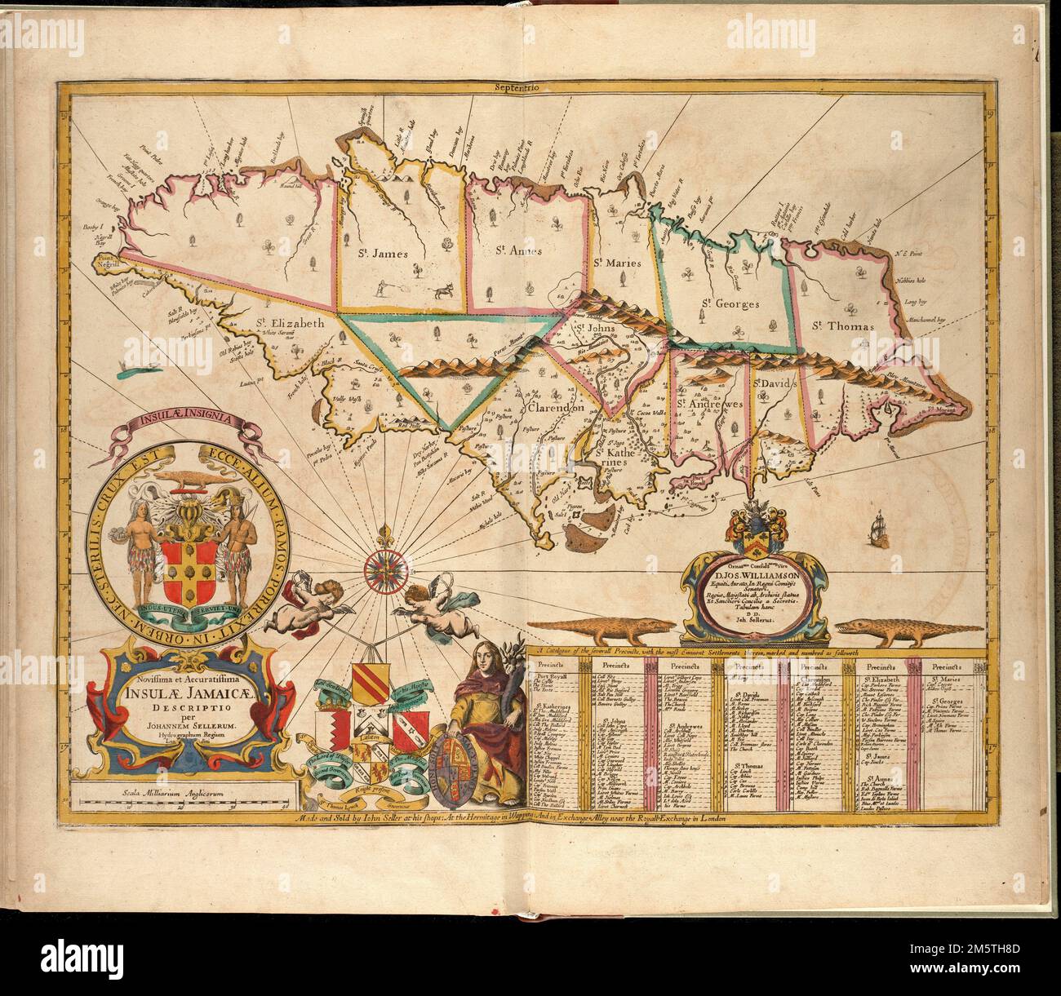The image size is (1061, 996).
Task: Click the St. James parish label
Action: [379, 254]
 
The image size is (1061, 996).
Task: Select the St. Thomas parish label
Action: [844, 325]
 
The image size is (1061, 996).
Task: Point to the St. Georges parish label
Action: [729, 303]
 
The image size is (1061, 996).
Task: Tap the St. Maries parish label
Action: [620, 262]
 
